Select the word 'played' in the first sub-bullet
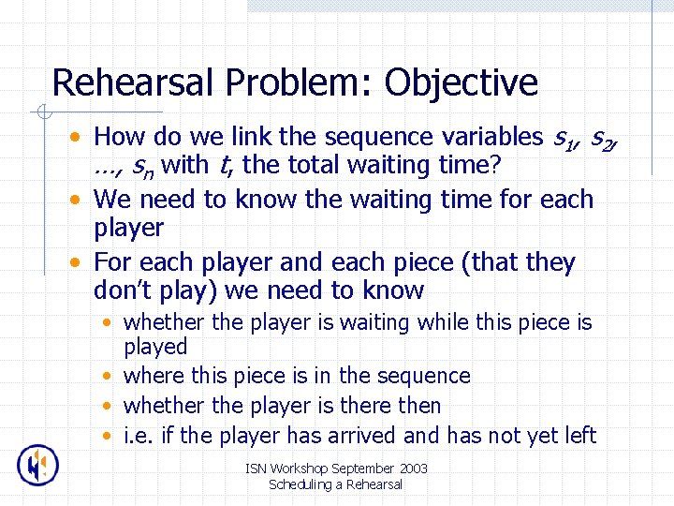pyautogui.click(x=155, y=347)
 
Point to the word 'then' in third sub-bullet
pyautogui.click(x=418, y=406)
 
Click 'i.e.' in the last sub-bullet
pyautogui.click(x=138, y=435)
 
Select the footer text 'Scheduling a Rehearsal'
pyautogui.click(x=335, y=484)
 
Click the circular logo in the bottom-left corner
pyautogui.click(x=37, y=466)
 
